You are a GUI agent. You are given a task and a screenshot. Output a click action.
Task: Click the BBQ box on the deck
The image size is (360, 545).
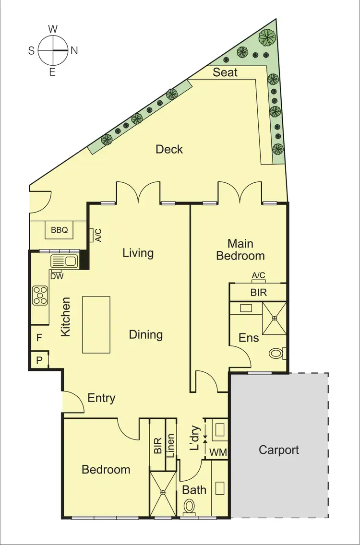pos(60,230)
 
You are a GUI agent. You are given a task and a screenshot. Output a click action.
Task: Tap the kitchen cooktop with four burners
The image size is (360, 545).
pos(40,296)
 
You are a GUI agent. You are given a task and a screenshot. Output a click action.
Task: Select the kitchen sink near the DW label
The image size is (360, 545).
pos(64,261)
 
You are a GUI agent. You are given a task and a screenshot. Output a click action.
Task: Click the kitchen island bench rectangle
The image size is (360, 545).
pos(96,324)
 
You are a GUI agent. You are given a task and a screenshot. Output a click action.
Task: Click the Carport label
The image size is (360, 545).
pos(278,450)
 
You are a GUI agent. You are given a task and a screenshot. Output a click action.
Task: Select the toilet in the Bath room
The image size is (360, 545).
pos(190,506)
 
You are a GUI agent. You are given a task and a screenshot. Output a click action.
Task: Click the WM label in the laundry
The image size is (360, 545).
pos(218,452)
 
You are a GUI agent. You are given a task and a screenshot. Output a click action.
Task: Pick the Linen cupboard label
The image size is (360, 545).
pos(170,446)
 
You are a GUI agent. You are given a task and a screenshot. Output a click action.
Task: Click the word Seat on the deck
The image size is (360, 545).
pos(225,72)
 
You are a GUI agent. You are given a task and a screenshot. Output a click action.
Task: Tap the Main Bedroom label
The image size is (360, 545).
pos(240,249)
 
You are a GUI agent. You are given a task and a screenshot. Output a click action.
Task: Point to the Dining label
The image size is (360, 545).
pos(146,334)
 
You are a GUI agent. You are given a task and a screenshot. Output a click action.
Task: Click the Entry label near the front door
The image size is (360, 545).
pos(101,398)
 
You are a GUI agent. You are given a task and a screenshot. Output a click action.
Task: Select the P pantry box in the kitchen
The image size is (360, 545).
pos(38,360)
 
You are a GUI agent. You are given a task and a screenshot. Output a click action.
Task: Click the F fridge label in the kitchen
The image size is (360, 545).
pos(39,338)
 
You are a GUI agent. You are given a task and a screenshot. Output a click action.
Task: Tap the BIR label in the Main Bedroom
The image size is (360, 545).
pos(259,292)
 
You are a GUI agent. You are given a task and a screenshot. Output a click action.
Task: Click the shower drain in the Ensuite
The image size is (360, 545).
pos(274,318)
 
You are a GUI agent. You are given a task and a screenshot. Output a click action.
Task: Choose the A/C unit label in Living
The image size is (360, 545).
pos(98,235)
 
